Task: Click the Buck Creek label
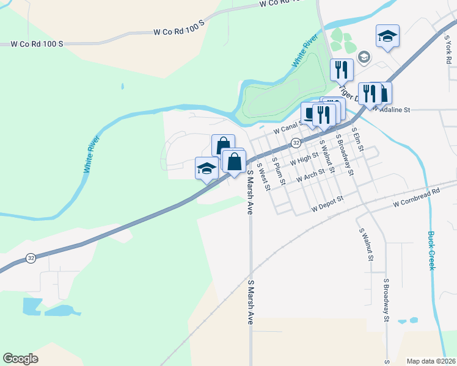click(x=431, y=250)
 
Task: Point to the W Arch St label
click(x=311, y=178)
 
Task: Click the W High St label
click(x=304, y=160)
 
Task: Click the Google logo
click(x=20, y=359)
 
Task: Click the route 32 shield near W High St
click(x=296, y=143)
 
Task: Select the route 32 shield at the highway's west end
click(x=31, y=259)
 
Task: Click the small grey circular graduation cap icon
click(x=364, y=57)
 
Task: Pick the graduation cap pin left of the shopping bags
click(x=207, y=168)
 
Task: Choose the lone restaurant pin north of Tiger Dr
click(x=342, y=70)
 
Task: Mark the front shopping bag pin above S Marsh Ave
click(x=234, y=162)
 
